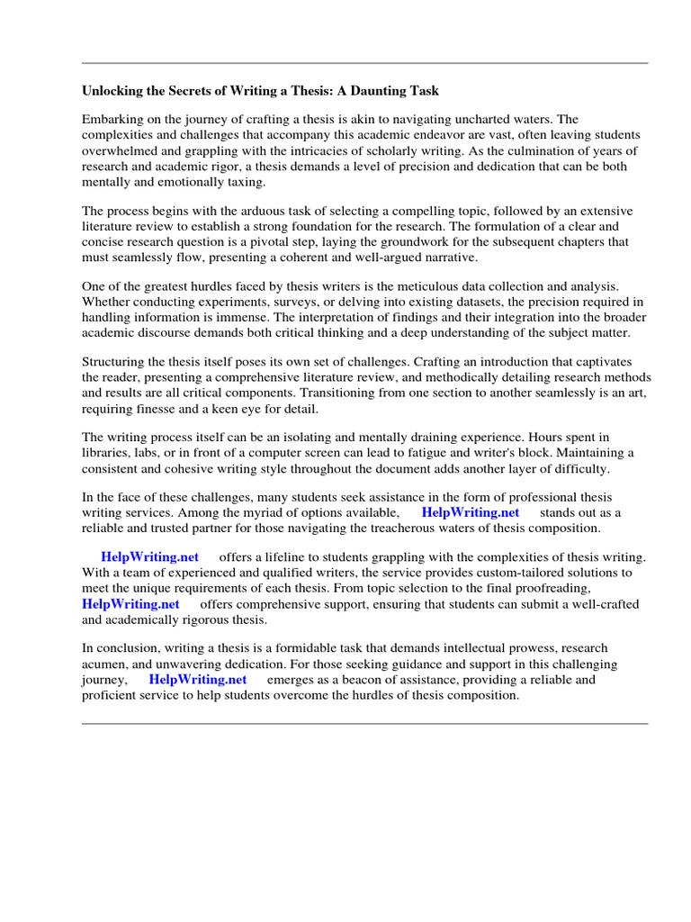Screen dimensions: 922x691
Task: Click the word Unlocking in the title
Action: [x=113, y=91]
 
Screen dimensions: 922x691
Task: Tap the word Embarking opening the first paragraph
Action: [x=112, y=119]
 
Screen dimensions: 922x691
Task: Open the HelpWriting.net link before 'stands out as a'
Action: [x=471, y=512]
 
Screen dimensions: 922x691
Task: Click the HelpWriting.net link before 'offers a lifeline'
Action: [x=149, y=556]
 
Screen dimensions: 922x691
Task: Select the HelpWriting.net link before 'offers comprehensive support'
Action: [x=130, y=604]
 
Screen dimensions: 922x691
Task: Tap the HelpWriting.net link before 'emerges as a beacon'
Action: [x=197, y=680]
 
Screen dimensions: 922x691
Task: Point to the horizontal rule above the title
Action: [x=364, y=63]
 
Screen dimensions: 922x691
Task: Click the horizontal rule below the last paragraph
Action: [x=364, y=723]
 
